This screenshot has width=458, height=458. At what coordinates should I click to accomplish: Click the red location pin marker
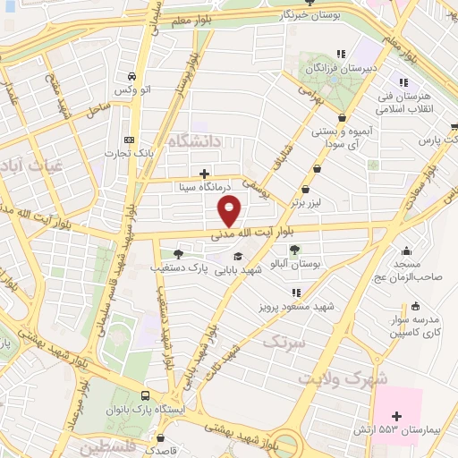(x=230, y=211)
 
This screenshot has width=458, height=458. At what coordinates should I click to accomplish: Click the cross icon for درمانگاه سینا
(x=204, y=174)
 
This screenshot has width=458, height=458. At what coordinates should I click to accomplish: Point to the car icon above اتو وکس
(x=131, y=76)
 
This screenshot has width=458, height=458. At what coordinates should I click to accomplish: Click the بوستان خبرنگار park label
(x=308, y=15)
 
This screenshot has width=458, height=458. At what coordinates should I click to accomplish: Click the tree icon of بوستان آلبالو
(x=295, y=250)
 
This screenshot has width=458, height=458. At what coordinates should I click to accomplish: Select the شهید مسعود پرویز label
(x=296, y=306)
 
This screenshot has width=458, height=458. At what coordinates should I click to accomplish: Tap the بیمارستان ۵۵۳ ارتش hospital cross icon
(x=398, y=416)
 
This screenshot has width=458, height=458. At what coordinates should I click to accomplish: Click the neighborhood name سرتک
(x=284, y=341)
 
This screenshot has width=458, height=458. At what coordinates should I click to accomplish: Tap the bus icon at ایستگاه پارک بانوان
(x=146, y=396)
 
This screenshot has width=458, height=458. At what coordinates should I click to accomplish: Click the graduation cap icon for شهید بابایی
(x=237, y=257)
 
